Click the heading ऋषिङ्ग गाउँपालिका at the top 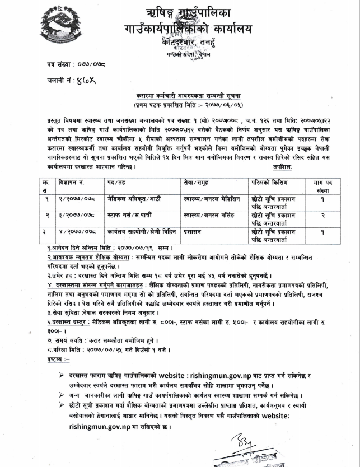pos(188,12)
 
